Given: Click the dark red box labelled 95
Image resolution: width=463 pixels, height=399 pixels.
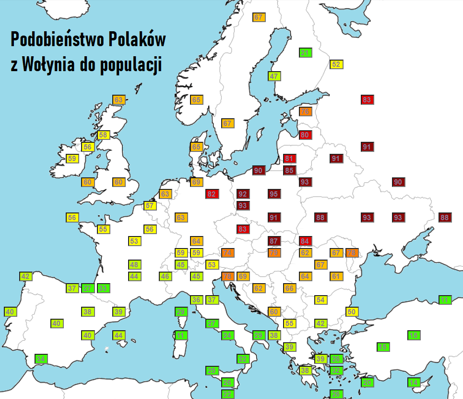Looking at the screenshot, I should (274, 194).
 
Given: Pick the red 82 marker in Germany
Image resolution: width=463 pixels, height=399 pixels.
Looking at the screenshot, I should (212, 194).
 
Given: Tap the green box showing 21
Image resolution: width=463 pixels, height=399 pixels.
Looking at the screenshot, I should (305, 53).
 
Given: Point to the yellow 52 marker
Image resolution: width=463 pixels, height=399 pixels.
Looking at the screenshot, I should (336, 64).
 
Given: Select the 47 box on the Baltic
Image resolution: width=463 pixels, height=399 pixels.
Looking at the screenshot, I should (274, 76).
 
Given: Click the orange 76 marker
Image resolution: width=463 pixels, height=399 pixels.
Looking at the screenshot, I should (305, 112).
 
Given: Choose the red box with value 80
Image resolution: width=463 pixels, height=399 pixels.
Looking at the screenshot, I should (305, 135).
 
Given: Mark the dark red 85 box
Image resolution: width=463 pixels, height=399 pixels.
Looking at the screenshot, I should (289, 170).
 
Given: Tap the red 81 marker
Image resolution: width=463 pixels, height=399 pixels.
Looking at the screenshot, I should (289, 159).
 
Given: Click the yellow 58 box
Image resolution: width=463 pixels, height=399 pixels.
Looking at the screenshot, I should (103, 135).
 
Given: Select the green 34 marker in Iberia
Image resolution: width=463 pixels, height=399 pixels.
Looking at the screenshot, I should (41, 359).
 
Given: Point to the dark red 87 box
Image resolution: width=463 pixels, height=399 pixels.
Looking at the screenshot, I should (274, 241).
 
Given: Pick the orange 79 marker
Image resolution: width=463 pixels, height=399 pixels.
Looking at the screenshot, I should (274, 252).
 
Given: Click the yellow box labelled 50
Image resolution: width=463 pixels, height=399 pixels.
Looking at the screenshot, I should (352, 312).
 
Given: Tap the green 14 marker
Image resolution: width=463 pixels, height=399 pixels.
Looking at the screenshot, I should (414, 382).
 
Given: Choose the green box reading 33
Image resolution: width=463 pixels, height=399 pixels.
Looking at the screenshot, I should (103, 288).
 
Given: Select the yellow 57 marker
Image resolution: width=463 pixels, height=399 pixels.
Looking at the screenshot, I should (150, 206).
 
